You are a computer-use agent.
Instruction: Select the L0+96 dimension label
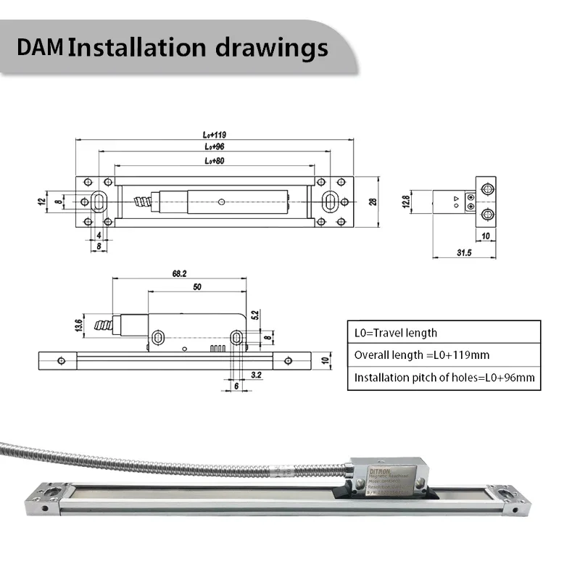click(x=215, y=146)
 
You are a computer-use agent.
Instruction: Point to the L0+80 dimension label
click(x=215, y=159)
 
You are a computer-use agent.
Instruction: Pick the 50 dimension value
click(x=196, y=287)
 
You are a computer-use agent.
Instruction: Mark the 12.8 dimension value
click(x=407, y=199)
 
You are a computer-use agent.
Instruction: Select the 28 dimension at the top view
click(x=373, y=202)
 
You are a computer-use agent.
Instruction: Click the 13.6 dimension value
click(x=78, y=326)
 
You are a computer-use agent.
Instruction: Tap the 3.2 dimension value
click(x=256, y=374)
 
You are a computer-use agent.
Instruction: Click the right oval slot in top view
click(x=330, y=201)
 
